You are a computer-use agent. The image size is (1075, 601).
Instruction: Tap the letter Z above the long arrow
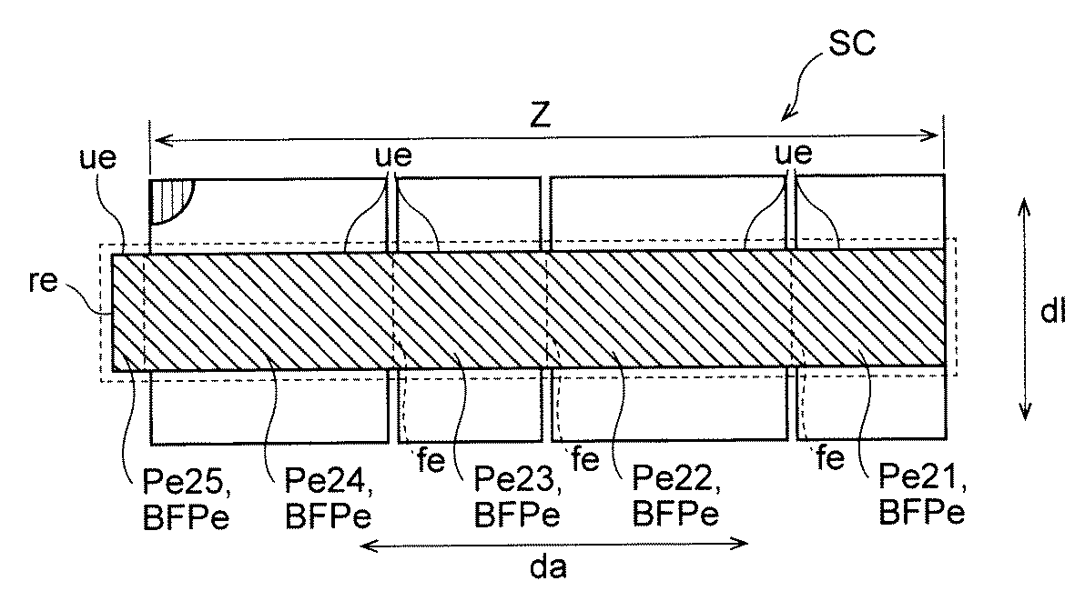(543, 118)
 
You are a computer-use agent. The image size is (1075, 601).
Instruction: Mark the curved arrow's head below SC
(786, 115)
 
